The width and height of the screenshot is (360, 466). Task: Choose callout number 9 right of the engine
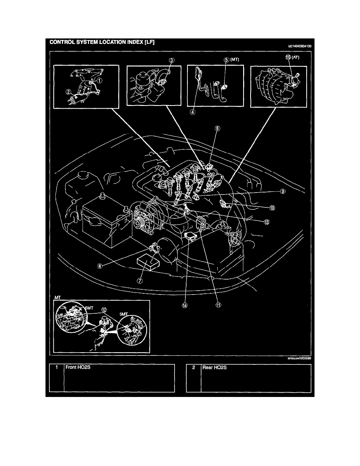[283, 192]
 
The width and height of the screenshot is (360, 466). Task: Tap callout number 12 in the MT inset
[103, 310]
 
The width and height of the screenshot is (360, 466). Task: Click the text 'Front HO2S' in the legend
[78, 368]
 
